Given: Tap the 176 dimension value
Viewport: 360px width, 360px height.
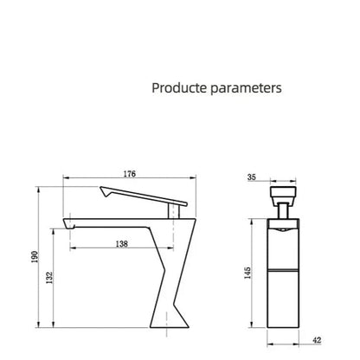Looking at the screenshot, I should [x=130, y=174].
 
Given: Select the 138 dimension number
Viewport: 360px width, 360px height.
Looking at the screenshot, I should [x=122, y=245].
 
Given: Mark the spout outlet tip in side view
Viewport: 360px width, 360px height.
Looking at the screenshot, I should [x=66, y=227].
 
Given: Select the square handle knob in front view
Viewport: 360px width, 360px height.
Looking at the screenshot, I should [x=285, y=194].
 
